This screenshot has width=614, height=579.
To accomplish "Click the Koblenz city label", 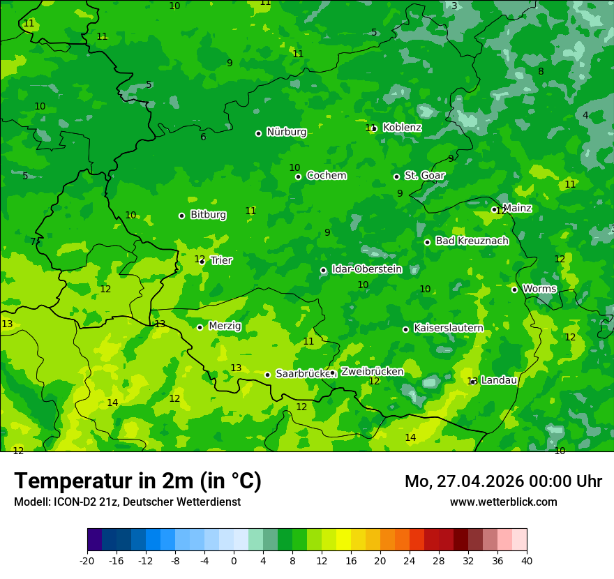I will [x=402, y=128].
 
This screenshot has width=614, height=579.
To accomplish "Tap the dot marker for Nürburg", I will [x=258, y=133].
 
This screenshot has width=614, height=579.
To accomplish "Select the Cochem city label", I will [x=326, y=176].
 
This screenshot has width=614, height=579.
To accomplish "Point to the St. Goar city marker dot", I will [x=396, y=176].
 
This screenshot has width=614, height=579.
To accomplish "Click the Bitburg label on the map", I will [x=208, y=215].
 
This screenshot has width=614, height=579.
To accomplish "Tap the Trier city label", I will [x=221, y=260].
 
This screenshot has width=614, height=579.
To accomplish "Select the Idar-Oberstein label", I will [x=366, y=269].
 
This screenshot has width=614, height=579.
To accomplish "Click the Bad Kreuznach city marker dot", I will [x=427, y=242].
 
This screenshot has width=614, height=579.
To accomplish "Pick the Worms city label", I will [x=539, y=289].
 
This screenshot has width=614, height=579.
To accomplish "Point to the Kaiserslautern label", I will [x=449, y=328].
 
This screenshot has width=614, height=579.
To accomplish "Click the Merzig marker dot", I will [x=200, y=327].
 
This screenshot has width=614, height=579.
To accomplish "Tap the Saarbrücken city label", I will [x=302, y=374].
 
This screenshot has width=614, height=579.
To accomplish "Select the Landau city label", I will [x=499, y=380].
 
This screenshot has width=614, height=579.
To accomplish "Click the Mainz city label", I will [x=517, y=208].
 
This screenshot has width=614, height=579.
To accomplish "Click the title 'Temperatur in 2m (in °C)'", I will [x=137, y=481].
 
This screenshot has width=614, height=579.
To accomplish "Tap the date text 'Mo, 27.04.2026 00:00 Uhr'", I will [x=503, y=481].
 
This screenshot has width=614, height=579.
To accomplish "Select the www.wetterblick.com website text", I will [x=503, y=502].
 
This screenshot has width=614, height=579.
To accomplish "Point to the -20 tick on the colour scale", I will [x=87, y=560].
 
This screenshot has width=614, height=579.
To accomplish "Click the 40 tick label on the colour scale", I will [x=526, y=560].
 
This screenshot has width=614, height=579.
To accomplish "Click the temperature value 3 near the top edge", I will [x=454, y=6].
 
